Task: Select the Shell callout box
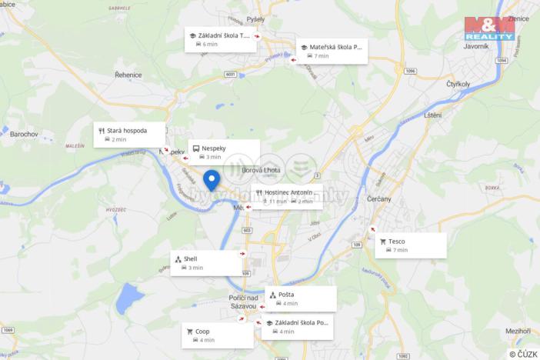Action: click(207, 263)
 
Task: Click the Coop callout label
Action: click(218, 335)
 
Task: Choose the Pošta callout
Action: click(301, 298)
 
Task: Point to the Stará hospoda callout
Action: click(130, 135)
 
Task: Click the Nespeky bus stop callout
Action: click(224, 152)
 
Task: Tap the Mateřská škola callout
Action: click(332, 51)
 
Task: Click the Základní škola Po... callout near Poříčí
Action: click(298, 327)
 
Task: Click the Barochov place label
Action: click(24, 134)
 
